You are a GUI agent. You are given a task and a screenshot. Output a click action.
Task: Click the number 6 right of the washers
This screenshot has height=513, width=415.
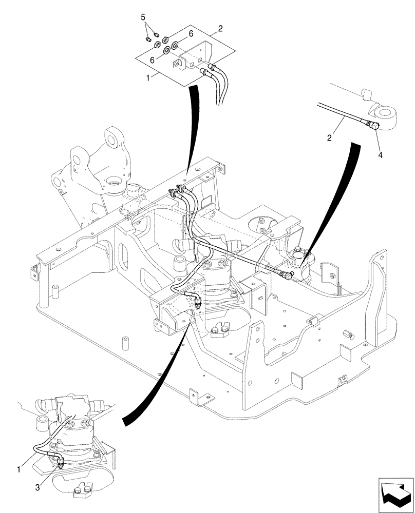point(190,33)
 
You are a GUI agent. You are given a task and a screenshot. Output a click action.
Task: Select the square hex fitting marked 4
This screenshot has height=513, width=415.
point(373,124)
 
